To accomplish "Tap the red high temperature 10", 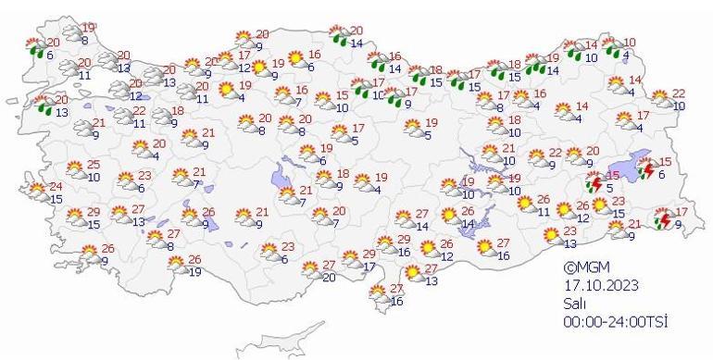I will (x=631, y=43).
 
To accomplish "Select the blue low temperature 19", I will (x=194, y=271).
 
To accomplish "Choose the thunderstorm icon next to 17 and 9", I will (x=663, y=219).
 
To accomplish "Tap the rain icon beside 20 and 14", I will (x=333, y=39).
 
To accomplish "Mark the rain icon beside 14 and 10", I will (x=573, y=48).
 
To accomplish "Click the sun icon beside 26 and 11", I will (x=523, y=204).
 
